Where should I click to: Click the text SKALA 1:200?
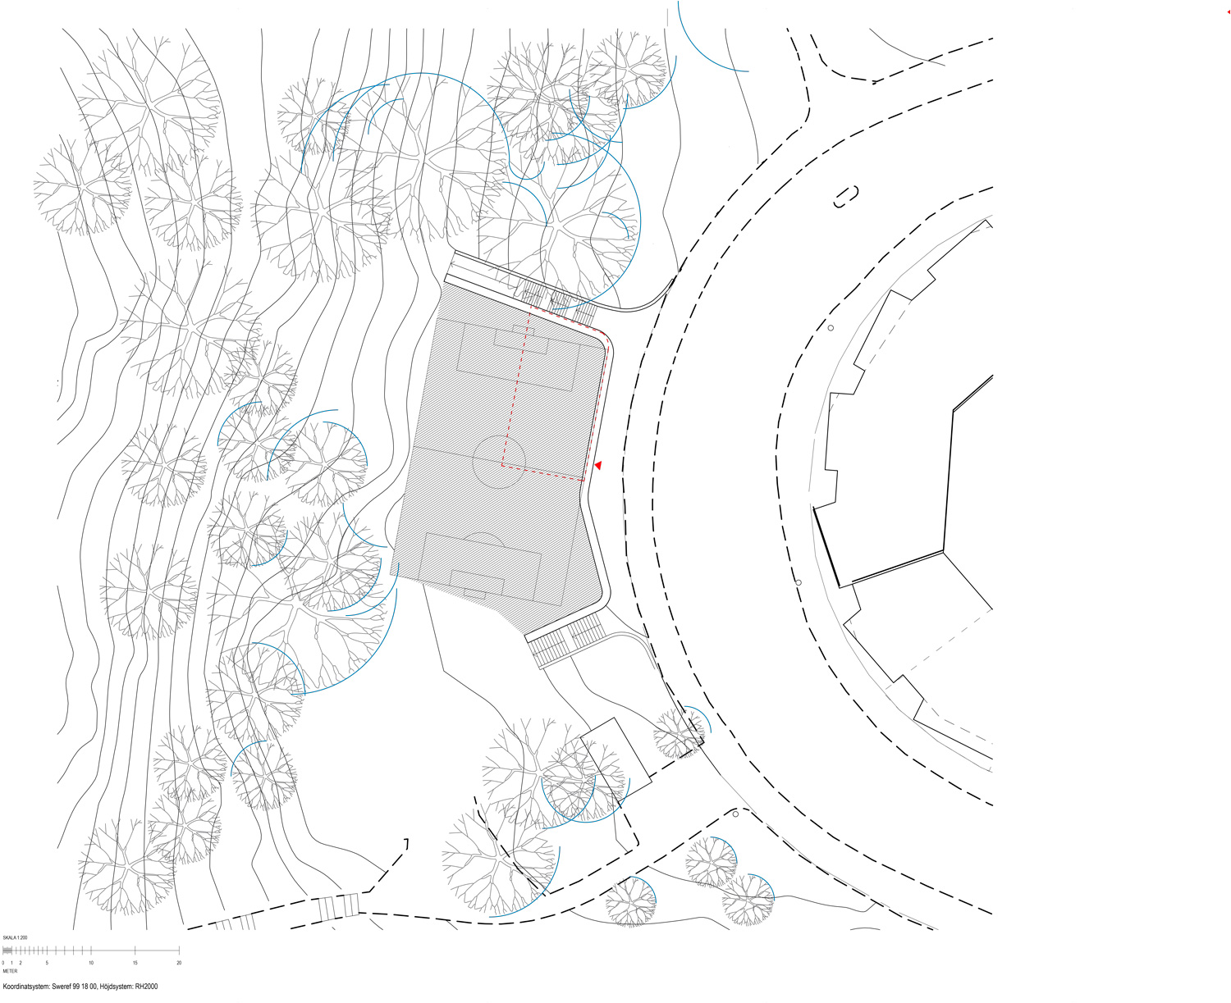coord(15,937)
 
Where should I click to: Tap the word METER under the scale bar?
coord(10,972)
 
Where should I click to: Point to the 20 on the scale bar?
coord(179,963)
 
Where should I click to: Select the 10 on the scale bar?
coord(91,963)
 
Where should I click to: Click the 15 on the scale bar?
coord(135,963)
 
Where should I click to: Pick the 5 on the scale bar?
coord(47,963)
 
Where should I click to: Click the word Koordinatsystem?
coord(27,987)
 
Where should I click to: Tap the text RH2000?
coord(146,987)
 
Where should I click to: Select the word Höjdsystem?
coord(117,987)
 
